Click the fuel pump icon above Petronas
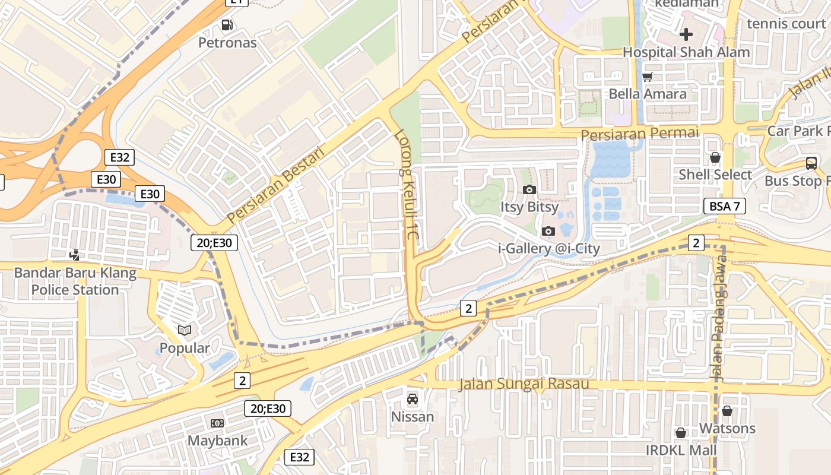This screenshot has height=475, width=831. pos(227,25)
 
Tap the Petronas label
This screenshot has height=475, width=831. pos(227,43)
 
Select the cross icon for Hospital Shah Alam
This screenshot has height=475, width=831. pos(686,34)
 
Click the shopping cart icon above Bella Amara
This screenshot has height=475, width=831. pos(648,77)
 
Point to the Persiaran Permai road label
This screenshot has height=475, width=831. pos(640,134)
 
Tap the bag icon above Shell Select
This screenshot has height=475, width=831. pos(715,157)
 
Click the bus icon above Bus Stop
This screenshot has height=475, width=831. pos(811,163)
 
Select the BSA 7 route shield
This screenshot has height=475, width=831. pos(724,206)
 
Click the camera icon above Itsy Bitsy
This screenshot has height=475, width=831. pos(529,190)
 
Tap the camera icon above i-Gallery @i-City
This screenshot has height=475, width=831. pos(548,231)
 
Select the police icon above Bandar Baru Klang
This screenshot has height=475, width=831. pos(74,255)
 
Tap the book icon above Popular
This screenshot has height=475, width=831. pos(185,330)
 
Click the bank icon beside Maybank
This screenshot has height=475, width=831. pos(217,423)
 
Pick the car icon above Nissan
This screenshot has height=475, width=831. pos(412,399)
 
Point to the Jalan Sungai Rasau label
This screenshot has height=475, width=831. pos(524,384)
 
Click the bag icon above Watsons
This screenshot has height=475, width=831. pos(727,411)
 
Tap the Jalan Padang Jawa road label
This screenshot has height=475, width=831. pos(718,319)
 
